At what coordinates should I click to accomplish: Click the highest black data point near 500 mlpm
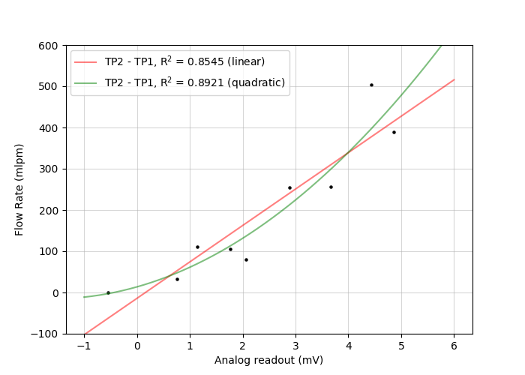(371, 85)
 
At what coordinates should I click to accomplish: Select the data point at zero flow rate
(108, 292)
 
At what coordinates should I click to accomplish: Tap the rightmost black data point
(394, 132)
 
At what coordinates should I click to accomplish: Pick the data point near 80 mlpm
(246, 259)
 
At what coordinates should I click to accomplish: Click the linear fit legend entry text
(184, 61)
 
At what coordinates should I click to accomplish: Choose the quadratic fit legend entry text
(195, 82)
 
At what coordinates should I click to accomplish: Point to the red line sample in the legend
(87, 62)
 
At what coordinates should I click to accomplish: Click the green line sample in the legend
(87, 83)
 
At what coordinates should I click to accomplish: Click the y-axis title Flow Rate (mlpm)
(19, 189)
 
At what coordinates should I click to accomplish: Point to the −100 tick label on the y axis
(45, 334)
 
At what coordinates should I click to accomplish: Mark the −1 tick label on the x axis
(84, 346)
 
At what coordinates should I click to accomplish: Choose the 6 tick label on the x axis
(454, 346)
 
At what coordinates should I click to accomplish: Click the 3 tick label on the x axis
(295, 346)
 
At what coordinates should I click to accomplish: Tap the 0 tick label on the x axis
(137, 346)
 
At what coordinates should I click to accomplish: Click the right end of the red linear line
(454, 79)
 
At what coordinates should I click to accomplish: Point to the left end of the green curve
(85, 297)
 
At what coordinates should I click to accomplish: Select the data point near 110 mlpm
(197, 247)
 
